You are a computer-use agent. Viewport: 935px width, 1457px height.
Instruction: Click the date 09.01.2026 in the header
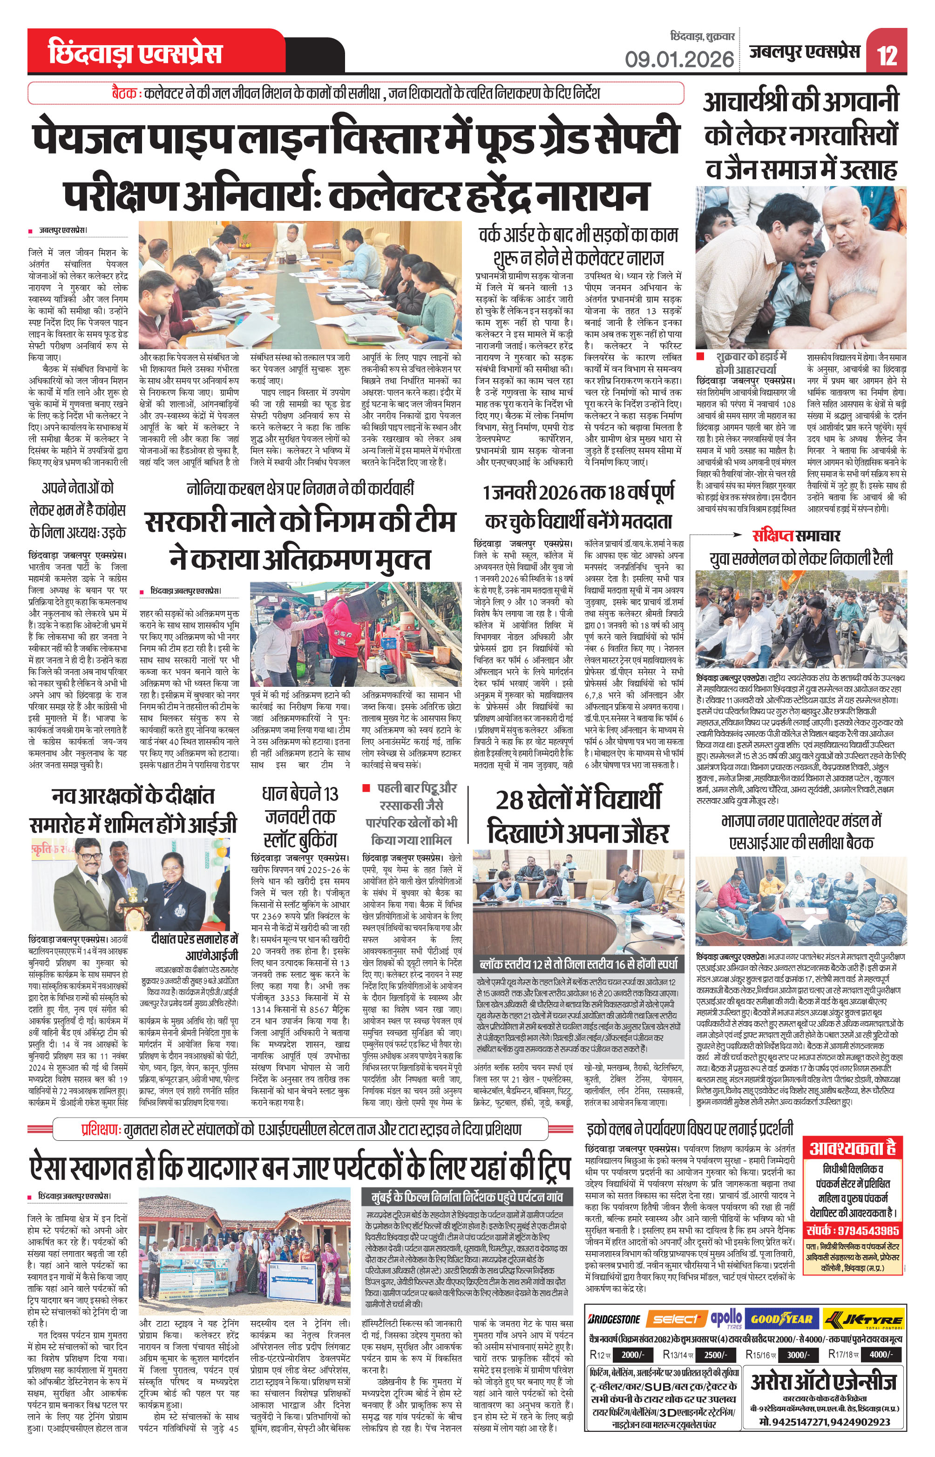[x=679, y=60]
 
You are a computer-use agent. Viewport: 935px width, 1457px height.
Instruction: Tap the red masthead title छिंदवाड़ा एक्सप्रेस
[x=135, y=54]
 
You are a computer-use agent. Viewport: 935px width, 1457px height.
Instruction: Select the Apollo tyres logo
[x=727, y=1318]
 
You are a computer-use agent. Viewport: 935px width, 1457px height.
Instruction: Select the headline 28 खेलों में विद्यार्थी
[x=578, y=800]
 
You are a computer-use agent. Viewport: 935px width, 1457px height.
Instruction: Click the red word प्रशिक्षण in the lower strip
[x=101, y=1130]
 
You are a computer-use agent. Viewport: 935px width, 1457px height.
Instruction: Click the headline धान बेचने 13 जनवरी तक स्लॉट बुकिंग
[x=299, y=817]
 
